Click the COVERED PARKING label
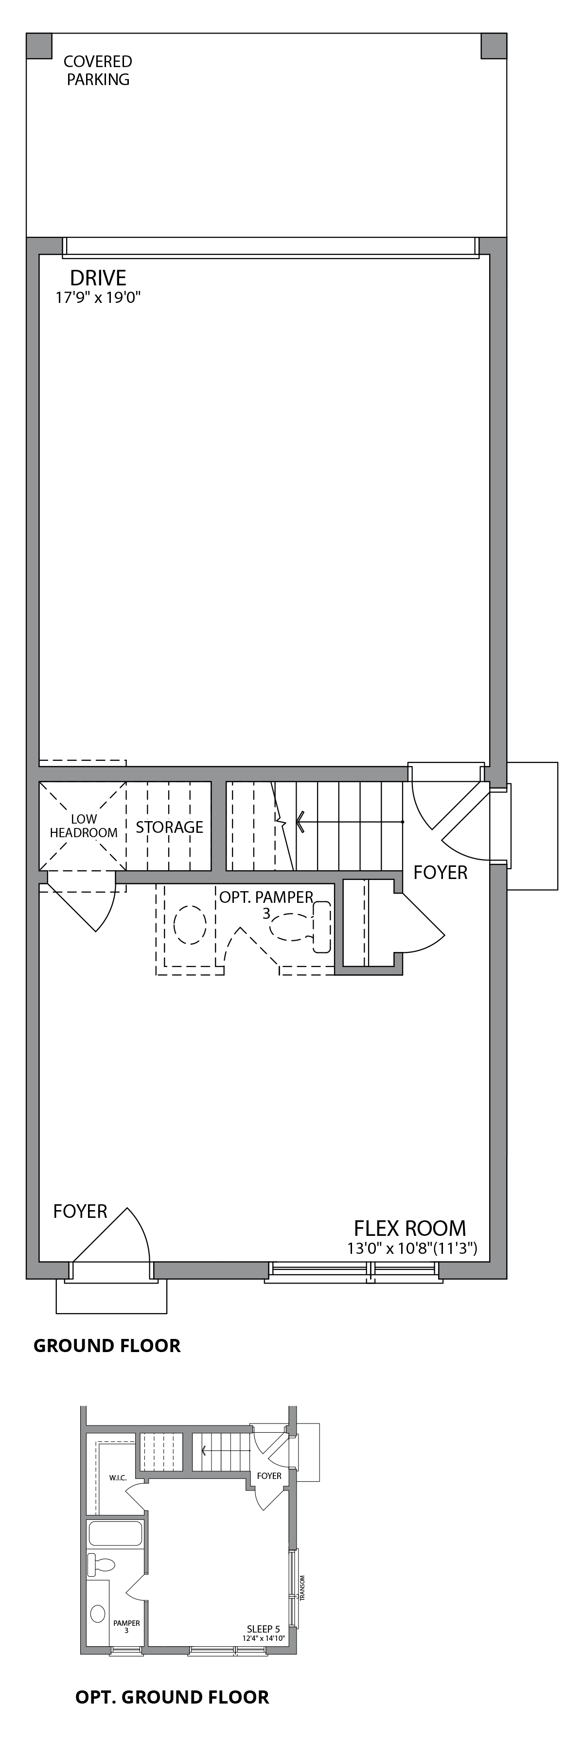pos(98,70)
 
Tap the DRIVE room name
pos(98,278)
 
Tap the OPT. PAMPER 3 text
pos(266,904)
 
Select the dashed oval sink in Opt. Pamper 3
pos(190,925)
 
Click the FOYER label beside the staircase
pos(441,873)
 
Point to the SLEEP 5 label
pos(264,1629)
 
